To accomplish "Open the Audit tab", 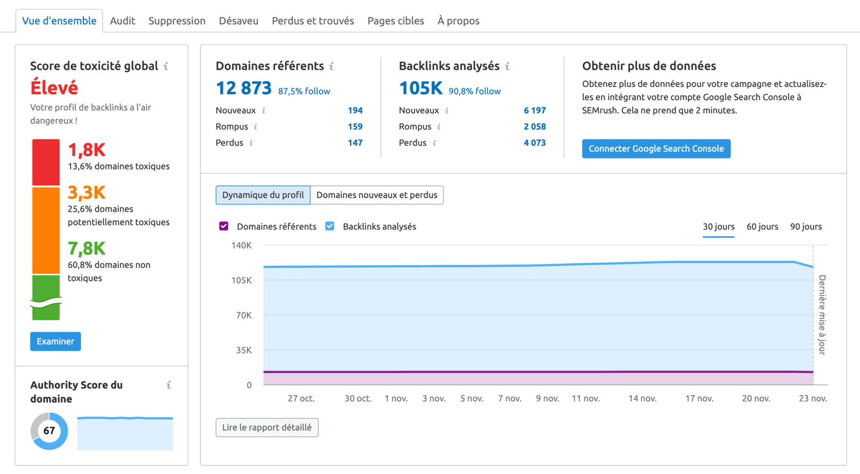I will tap(123, 21).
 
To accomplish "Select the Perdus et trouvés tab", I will tap(313, 21).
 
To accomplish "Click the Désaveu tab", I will tap(239, 21).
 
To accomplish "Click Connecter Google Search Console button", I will tap(656, 149).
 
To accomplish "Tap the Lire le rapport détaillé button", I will tap(267, 428).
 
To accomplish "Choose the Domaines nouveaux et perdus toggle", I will tap(377, 195).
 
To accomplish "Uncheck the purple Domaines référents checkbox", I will tap(224, 226).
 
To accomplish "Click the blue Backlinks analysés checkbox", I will tap(330, 226).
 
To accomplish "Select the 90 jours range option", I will tap(806, 227).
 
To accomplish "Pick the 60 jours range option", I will tap(762, 227).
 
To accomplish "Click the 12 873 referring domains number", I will tap(243, 88).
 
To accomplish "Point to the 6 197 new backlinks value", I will tap(534, 111).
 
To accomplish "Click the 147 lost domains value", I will tap(355, 143).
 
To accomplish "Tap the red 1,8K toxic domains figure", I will tap(87, 150).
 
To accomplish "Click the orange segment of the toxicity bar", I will tap(46, 230).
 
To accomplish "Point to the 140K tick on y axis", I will tap(241, 246).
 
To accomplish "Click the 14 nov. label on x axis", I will tap(642, 399).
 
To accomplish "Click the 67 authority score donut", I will tap(49, 431).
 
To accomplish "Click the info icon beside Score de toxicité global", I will tap(166, 66).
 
